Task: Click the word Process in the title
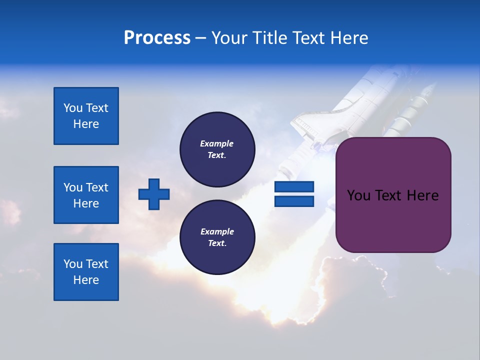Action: (x=157, y=38)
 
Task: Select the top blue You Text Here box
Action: (x=86, y=116)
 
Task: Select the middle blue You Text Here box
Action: (x=86, y=195)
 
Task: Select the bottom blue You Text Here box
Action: (x=86, y=272)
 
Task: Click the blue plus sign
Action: (x=154, y=194)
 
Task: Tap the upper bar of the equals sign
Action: (x=294, y=187)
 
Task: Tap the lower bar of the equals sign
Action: (x=294, y=201)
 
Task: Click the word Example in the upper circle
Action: (x=217, y=143)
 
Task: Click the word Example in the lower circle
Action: (x=217, y=231)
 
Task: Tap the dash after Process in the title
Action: (x=200, y=38)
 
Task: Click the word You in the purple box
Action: (x=358, y=195)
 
